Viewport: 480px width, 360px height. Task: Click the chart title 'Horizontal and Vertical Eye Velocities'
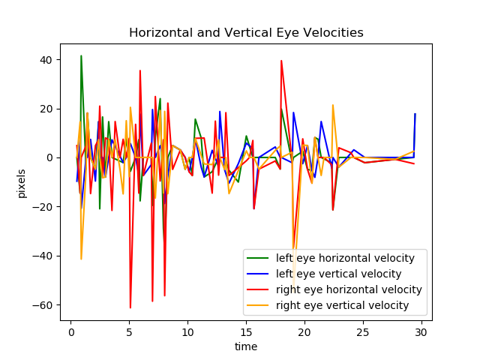(x=246, y=33)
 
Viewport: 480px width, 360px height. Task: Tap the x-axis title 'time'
(x=246, y=346)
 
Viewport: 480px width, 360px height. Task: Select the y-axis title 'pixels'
(x=22, y=182)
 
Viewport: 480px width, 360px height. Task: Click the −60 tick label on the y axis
(x=43, y=305)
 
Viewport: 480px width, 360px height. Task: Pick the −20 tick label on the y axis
(x=43, y=207)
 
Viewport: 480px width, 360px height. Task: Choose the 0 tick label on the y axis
(x=50, y=158)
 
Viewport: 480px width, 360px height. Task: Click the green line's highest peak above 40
(x=81, y=55)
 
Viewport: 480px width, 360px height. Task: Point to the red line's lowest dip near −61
(x=130, y=307)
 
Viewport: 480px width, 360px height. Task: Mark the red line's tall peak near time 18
(x=281, y=61)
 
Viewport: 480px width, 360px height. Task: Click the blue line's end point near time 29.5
(x=415, y=114)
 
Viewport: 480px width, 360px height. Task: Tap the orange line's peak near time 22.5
(x=333, y=105)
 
